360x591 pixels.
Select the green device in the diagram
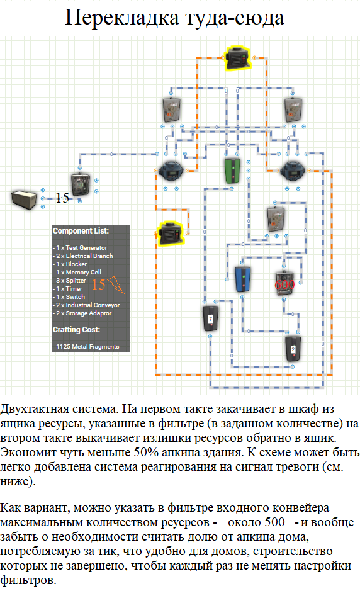click(x=233, y=171)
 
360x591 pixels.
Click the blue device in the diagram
click(x=243, y=279)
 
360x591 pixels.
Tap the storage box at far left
click(x=25, y=199)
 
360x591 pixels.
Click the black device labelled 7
click(x=210, y=318)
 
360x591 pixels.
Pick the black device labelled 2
click(x=293, y=349)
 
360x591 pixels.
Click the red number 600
click(x=284, y=284)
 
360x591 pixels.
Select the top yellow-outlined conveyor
click(x=237, y=59)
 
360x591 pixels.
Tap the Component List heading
click(x=81, y=230)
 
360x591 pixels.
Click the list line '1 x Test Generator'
click(x=80, y=247)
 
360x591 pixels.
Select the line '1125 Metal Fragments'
click(x=86, y=346)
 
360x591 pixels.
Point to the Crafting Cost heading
click(x=77, y=329)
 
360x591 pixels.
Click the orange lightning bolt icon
click(x=116, y=284)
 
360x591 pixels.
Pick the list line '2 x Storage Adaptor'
click(x=82, y=313)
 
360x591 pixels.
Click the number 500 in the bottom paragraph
click(x=275, y=522)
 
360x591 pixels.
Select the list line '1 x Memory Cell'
click(x=77, y=272)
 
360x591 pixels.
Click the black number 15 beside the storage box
click(x=62, y=198)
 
